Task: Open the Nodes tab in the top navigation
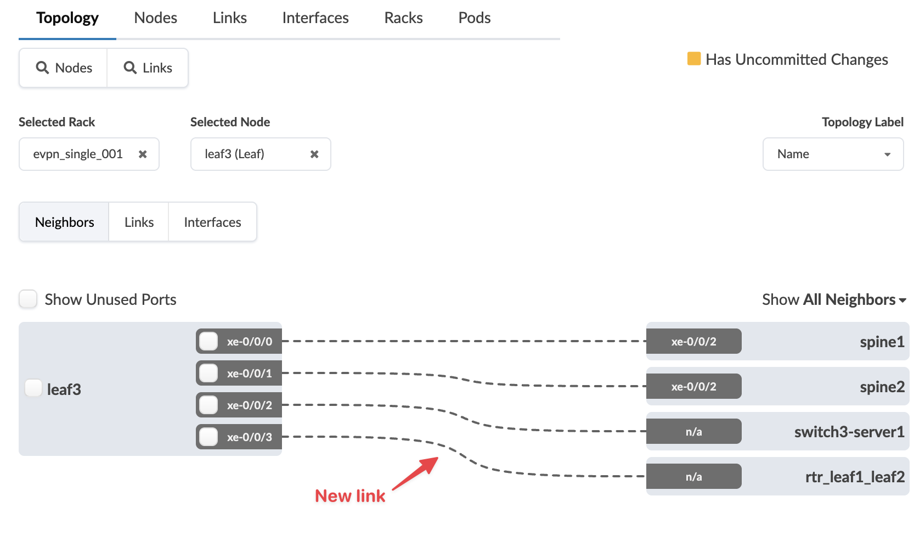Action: pyautogui.click(x=155, y=18)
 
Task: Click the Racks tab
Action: pyautogui.click(x=403, y=18)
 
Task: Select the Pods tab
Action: pyautogui.click(x=474, y=18)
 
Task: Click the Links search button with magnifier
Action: pyautogui.click(x=148, y=68)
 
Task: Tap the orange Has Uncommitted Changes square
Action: pyautogui.click(x=693, y=58)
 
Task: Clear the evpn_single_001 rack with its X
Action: pyautogui.click(x=143, y=154)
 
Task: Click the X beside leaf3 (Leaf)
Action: pyautogui.click(x=314, y=154)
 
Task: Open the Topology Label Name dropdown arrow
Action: pyautogui.click(x=887, y=154)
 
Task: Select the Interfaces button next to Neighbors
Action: pyautogui.click(x=212, y=222)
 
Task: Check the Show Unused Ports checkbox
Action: pyautogui.click(x=28, y=299)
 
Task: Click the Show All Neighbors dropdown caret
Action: pyautogui.click(x=902, y=300)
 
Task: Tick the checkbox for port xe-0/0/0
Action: pyautogui.click(x=208, y=341)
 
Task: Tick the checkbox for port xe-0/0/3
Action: pyautogui.click(x=208, y=437)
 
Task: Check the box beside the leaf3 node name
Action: pyautogui.click(x=33, y=388)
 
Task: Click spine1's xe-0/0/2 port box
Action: pyautogui.click(x=693, y=341)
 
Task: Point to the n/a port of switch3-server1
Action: pyautogui.click(x=693, y=431)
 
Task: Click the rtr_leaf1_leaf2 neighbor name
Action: pyautogui.click(x=855, y=477)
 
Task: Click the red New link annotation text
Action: pyautogui.click(x=350, y=495)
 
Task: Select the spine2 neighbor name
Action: pyautogui.click(x=882, y=387)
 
